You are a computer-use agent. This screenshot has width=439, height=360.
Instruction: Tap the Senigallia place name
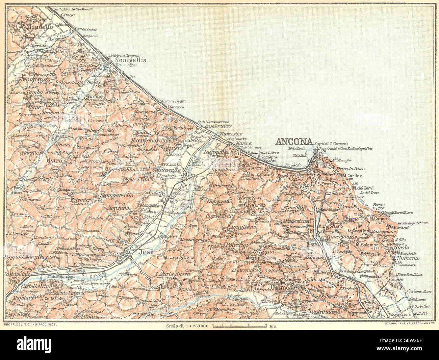pos(131,60)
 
